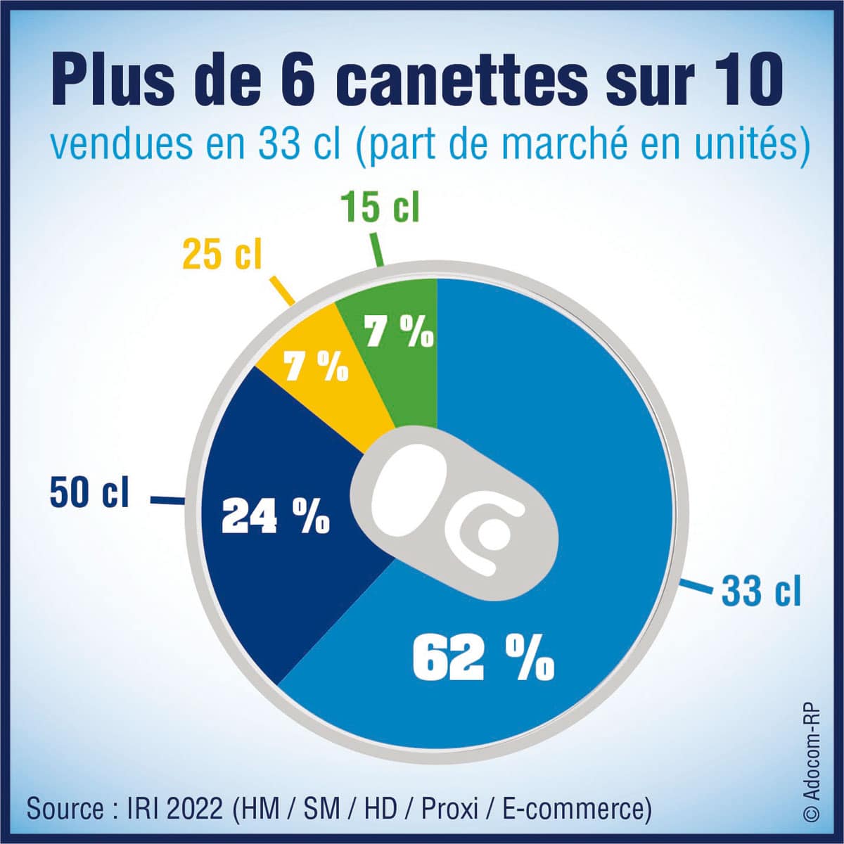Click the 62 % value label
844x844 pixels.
[483, 658]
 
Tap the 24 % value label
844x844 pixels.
[275, 518]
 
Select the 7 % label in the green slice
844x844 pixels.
[399, 331]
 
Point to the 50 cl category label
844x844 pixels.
[89, 492]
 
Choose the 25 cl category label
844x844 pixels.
[222, 255]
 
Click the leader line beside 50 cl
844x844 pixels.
[167, 501]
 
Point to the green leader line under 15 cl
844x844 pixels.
[376, 250]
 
